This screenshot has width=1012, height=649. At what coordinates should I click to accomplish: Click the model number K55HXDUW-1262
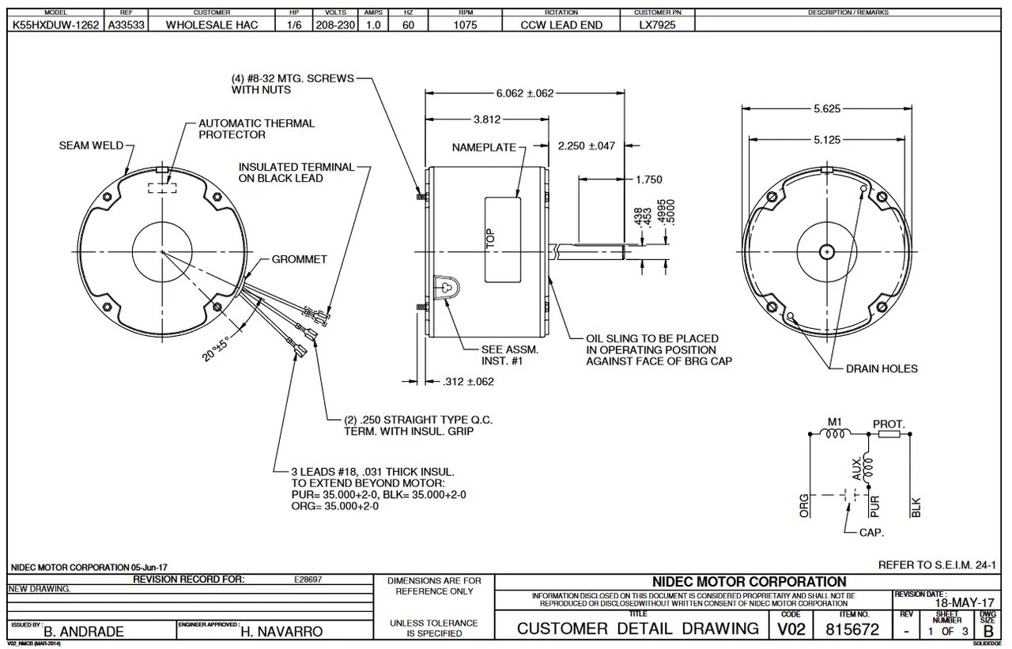[x=55, y=25]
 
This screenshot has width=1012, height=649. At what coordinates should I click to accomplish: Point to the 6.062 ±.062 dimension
[x=524, y=93]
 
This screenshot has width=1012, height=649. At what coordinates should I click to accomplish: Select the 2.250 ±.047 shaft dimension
[x=586, y=146]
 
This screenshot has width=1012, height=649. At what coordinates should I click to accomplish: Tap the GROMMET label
[x=299, y=259]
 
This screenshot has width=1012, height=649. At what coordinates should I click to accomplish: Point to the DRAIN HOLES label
[x=882, y=368]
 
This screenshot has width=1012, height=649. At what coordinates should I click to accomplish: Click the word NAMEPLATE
[x=483, y=148]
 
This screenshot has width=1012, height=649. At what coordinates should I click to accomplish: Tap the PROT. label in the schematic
[x=889, y=424]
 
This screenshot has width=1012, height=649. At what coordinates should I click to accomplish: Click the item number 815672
[x=852, y=629]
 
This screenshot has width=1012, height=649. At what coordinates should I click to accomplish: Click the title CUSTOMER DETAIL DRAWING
[x=637, y=629]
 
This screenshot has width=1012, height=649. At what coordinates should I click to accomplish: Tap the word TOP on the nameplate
[x=491, y=240]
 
